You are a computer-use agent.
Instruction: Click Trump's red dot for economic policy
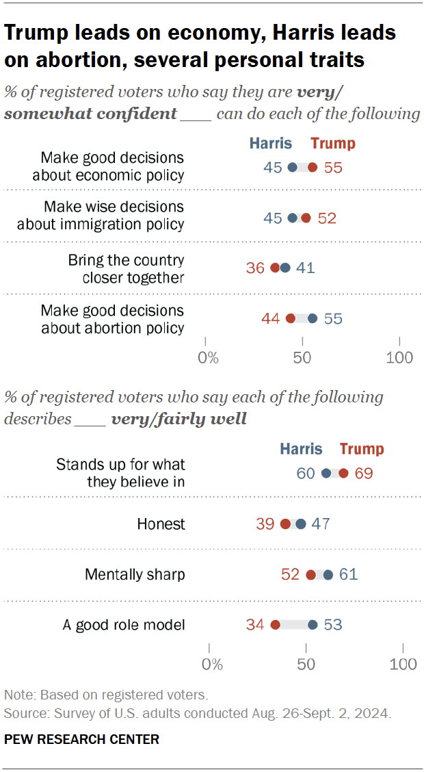[x=313, y=168]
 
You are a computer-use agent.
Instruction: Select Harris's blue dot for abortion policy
[x=313, y=318]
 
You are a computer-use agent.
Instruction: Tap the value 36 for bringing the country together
[x=255, y=268]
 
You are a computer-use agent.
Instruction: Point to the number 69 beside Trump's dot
[x=364, y=474]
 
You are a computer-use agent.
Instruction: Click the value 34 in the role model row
[x=255, y=624]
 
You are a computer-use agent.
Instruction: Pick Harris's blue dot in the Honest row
[x=300, y=524]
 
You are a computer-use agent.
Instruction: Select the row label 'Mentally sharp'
[x=135, y=574]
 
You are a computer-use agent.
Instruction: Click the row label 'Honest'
[x=161, y=524]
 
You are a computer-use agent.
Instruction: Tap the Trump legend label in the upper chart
[x=333, y=143]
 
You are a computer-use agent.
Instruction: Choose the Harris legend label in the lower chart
[x=301, y=449]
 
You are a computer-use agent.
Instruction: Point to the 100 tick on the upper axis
[x=399, y=357]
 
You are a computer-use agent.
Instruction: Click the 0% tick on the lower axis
[x=213, y=664]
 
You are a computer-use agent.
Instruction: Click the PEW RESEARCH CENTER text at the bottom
[x=81, y=739]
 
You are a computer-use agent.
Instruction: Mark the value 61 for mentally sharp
[x=349, y=574]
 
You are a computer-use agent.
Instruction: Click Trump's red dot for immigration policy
[x=306, y=218]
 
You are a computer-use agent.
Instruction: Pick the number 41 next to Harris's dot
[x=305, y=268]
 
